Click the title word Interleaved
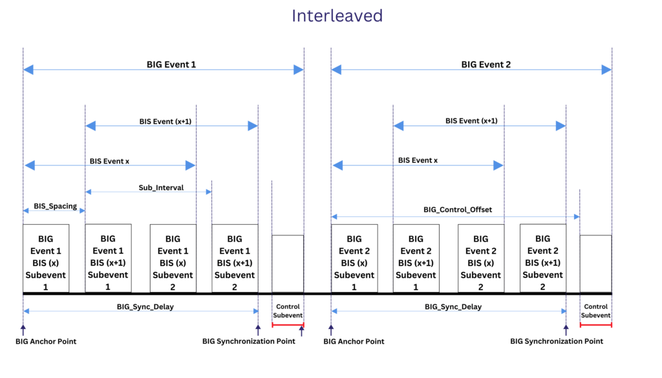click(x=337, y=16)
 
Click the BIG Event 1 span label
click(x=171, y=65)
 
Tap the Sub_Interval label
click(x=161, y=187)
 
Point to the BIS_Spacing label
click(x=55, y=206)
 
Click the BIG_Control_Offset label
click(x=458, y=209)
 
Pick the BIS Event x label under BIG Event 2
click(x=418, y=160)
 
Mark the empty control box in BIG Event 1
click(x=288, y=264)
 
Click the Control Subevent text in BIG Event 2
click(x=595, y=311)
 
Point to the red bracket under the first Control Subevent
click(x=288, y=324)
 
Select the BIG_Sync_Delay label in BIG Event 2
click(x=453, y=307)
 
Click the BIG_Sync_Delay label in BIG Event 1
click(x=145, y=307)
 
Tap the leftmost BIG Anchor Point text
click(x=46, y=341)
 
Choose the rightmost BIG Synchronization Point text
click(x=556, y=341)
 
